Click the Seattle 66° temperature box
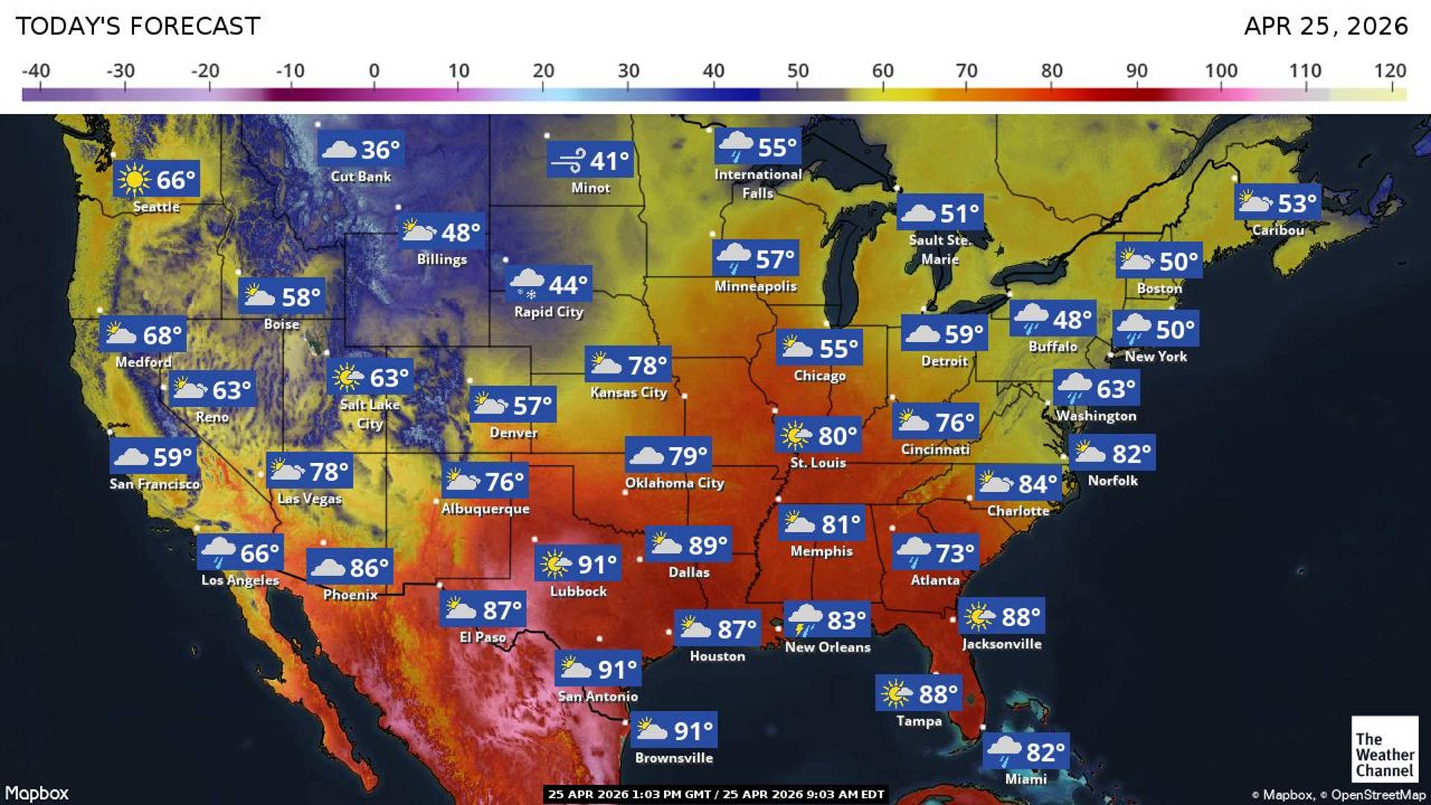pos(157,179)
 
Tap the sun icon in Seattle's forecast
pos(134,179)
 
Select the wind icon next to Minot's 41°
pos(569,160)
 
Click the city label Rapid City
pos(549,312)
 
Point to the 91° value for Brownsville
pos(693,730)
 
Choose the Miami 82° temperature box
pos(1026,751)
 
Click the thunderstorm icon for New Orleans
pos(805,619)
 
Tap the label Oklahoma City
pos(675,483)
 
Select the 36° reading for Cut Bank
pos(380,149)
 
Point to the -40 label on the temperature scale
pos(36,72)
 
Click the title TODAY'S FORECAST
pos(138,26)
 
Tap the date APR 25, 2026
pos(1325,26)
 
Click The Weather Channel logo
pos(1384,748)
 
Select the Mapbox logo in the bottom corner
pos(37,793)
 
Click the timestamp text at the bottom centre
pos(715,794)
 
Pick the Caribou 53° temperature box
pos(1277,202)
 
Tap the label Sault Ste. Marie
pos(939,250)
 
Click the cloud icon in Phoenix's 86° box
pos(327,567)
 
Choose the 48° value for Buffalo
pos(1072,319)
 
